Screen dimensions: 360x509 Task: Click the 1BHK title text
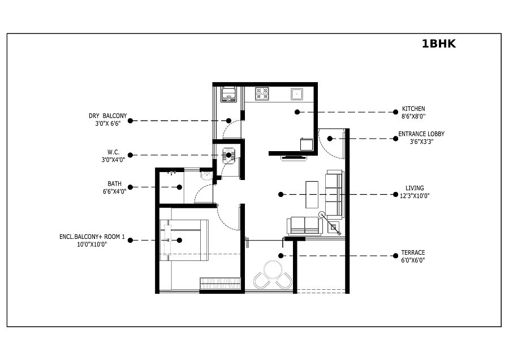click(x=438, y=44)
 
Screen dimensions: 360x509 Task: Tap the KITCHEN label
click(x=413, y=109)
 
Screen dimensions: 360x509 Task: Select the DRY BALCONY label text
click(x=107, y=115)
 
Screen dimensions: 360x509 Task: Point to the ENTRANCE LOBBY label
click(x=421, y=134)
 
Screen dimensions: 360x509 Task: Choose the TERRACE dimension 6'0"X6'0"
click(x=413, y=260)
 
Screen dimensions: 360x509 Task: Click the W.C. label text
click(x=113, y=152)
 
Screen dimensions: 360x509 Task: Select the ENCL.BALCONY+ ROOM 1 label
click(x=92, y=237)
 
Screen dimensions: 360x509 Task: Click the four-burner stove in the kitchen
click(x=262, y=93)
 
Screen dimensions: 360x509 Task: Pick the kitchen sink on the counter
click(x=297, y=93)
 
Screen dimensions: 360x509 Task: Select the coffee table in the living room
click(x=312, y=195)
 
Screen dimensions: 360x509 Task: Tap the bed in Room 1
click(x=183, y=239)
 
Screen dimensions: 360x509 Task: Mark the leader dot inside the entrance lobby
click(x=330, y=138)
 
